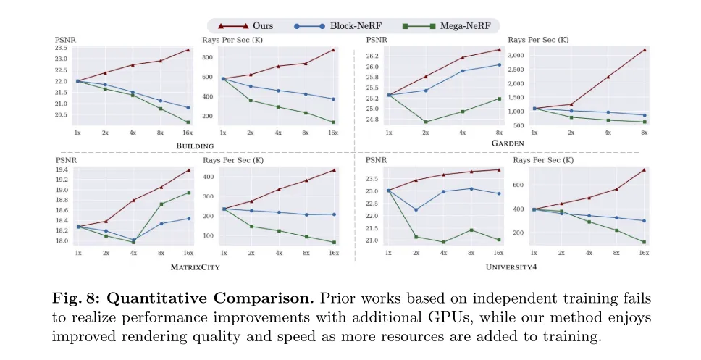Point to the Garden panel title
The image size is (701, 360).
[x=507, y=143]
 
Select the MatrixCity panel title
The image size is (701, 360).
[x=196, y=267]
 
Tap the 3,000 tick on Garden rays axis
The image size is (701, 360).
[x=516, y=55]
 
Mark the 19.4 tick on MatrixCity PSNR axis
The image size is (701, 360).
[x=63, y=169]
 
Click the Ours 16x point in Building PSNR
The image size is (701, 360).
[x=188, y=50]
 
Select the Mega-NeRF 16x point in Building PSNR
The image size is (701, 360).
[x=188, y=122]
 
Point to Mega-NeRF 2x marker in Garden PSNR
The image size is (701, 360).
[x=426, y=122]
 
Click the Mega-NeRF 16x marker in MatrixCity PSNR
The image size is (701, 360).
[x=188, y=193]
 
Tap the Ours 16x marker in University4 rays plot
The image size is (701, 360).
[x=644, y=170]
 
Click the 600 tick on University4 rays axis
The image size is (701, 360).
[x=519, y=184]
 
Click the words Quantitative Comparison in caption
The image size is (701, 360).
[x=159, y=298]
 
